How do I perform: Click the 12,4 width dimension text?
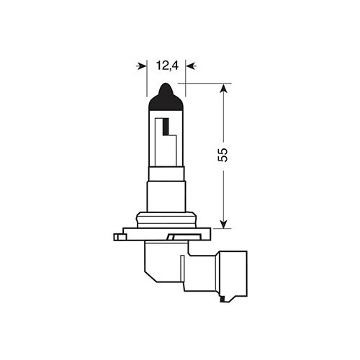(166, 66)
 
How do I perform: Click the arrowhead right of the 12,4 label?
(189, 66)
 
